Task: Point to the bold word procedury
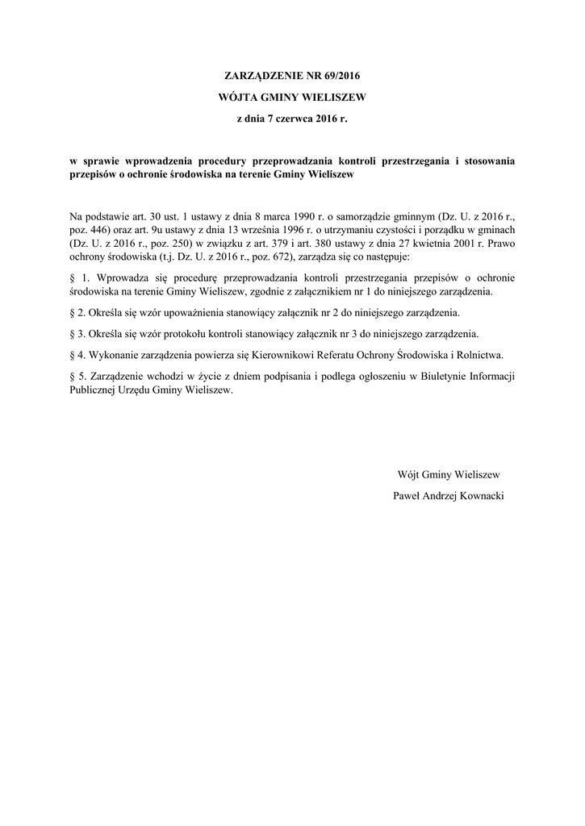pyautogui.click(x=241, y=160)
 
